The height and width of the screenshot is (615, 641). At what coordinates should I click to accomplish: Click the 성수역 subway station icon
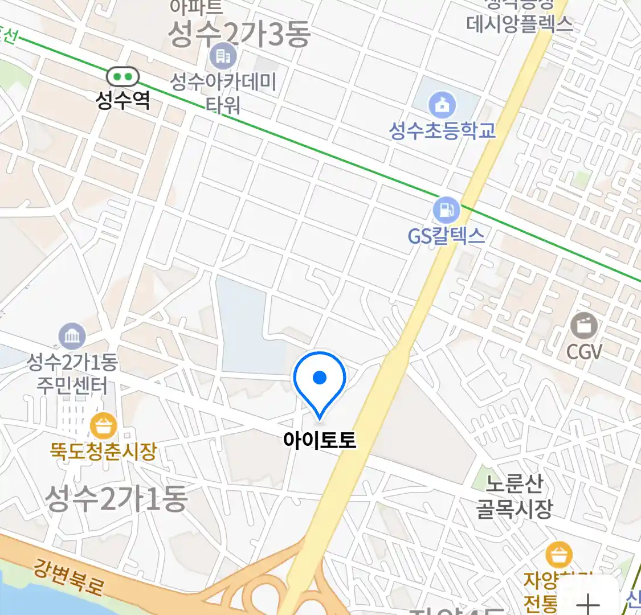[x=123, y=76]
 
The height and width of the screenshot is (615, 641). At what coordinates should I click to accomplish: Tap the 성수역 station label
[x=123, y=101]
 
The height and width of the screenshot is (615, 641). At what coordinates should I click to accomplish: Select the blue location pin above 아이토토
[x=320, y=378]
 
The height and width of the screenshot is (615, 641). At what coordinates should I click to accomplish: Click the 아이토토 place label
[x=320, y=440]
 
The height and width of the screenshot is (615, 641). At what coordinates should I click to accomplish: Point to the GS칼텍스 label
[x=446, y=236]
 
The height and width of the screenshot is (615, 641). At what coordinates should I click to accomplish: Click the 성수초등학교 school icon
[x=442, y=105]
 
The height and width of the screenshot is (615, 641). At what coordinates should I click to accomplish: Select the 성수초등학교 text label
[x=442, y=130]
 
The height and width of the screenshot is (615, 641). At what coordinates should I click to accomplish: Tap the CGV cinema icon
[x=584, y=326]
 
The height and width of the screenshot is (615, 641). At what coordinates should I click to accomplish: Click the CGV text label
[x=584, y=352]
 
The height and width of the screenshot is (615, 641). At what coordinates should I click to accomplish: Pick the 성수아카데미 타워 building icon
[x=223, y=56]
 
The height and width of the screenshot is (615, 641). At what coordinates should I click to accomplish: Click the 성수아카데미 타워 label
[x=223, y=93]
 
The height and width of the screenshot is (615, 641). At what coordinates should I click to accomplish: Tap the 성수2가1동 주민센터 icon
[x=72, y=337]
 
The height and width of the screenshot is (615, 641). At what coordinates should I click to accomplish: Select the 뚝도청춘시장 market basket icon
[x=104, y=426]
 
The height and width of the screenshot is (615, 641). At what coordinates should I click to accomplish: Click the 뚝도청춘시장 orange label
[x=103, y=452]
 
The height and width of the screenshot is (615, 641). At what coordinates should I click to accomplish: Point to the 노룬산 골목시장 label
[x=515, y=496]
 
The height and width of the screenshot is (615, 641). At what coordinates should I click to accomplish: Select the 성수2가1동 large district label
[x=116, y=499]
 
